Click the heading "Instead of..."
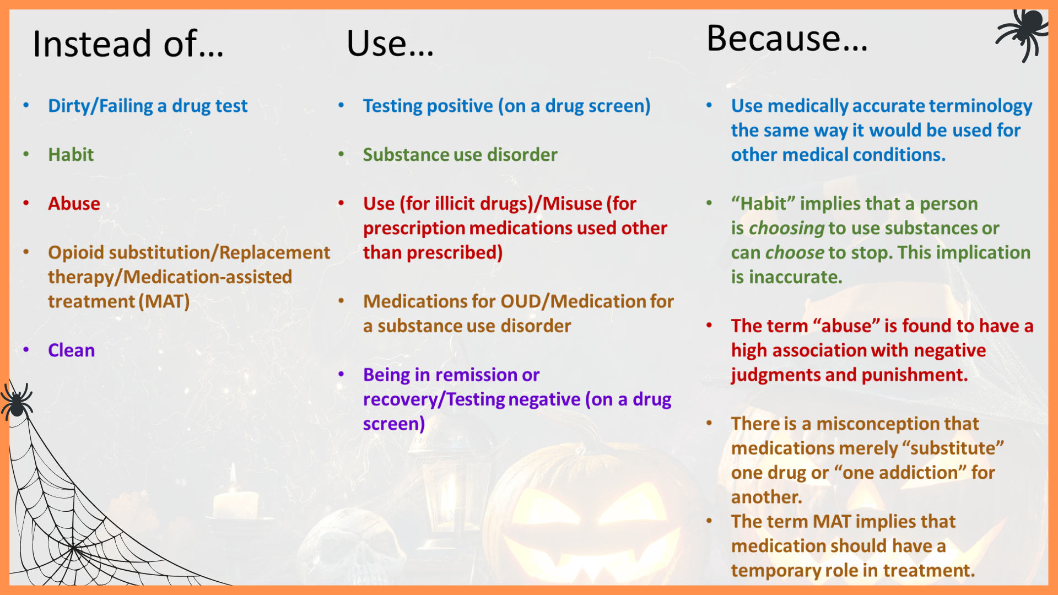click(x=128, y=44)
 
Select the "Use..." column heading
click(x=390, y=44)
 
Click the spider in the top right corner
click(x=1023, y=33)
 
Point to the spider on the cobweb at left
click(x=17, y=400)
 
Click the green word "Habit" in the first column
click(x=71, y=155)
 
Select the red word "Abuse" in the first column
click(x=74, y=203)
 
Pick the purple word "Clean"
click(x=72, y=350)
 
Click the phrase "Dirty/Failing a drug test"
click(x=148, y=106)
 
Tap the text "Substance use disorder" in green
click(x=460, y=155)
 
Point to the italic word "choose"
click(x=795, y=252)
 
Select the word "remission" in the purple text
click(x=476, y=375)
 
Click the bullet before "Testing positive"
click(x=342, y=105)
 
